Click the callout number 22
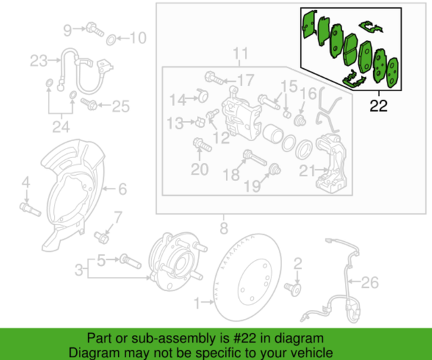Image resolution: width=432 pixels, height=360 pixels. [379, 105]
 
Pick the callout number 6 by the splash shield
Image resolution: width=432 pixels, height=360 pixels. [122, 189]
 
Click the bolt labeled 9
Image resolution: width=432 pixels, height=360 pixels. [92, 28]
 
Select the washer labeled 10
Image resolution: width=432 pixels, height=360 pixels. [111, 38]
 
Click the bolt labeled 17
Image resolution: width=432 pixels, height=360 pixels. [209, 78]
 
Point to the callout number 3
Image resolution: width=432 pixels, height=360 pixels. [80, 270]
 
